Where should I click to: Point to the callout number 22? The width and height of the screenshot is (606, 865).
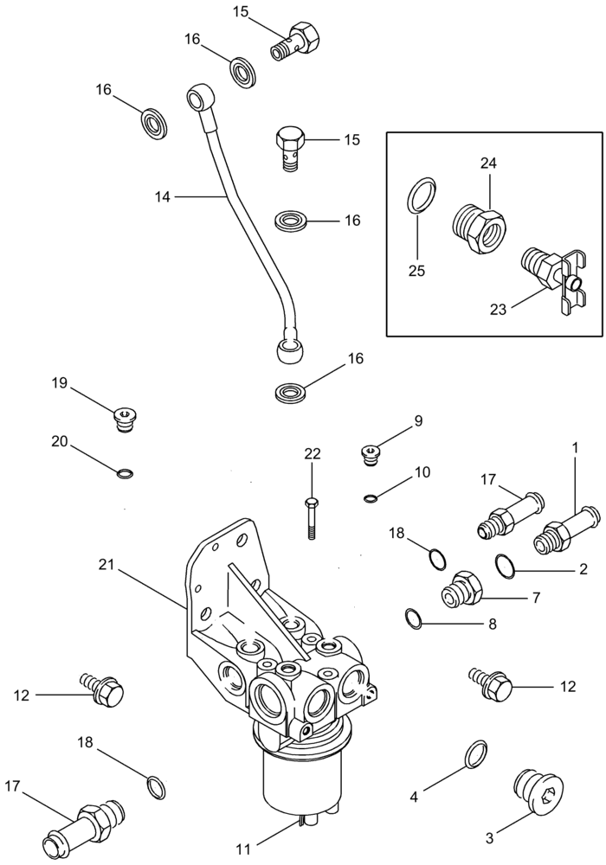click(x=313, y=453)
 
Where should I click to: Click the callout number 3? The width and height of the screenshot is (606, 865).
click(x=489, y=837)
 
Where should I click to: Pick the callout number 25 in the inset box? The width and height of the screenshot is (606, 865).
click(x=417, y=270)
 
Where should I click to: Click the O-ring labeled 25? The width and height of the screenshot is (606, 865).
click(x=422, y=195)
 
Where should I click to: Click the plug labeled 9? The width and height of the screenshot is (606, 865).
click(x=371, y=452)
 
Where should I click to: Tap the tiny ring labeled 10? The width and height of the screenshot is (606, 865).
click(x=371, y=497)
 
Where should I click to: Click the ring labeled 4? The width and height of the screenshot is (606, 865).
click(x=475, y=753)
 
